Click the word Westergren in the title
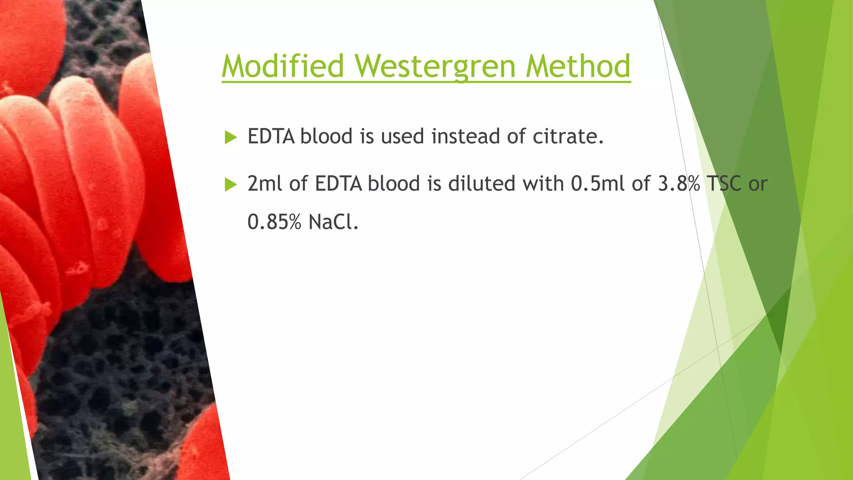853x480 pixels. [435, 67]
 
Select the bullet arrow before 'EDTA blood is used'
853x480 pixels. [230, 137]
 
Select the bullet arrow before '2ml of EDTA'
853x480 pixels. [230, 184]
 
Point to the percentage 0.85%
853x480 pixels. [274, 221]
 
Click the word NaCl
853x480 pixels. [333, 221]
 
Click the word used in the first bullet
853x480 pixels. [402, 136]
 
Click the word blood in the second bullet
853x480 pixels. [394, 183]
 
